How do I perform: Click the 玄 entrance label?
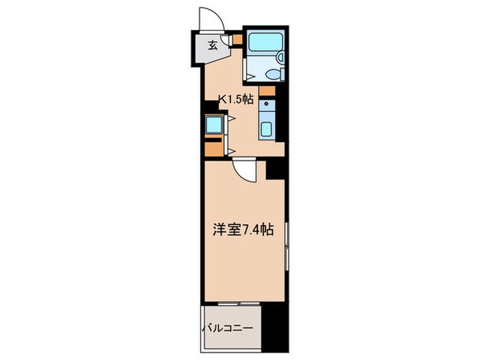[213, 47]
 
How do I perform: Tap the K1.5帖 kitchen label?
[235, 99]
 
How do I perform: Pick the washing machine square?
[214, 125]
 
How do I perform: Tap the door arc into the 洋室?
[243, 167]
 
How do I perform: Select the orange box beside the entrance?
[237, 39]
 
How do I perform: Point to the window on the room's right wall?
[287, 247]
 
